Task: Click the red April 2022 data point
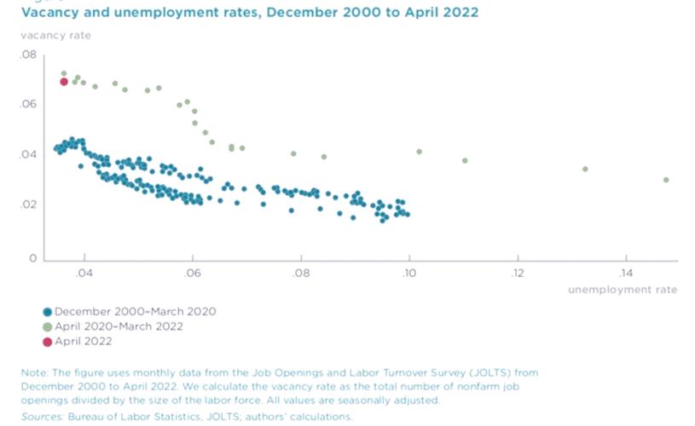tap(64, 82)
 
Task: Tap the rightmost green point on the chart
tap(666, 180)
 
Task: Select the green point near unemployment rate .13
tap(585, 169)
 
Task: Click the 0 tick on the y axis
tap(33, 258)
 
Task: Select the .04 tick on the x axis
tap(84, 274)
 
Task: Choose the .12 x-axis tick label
tap(517, 274)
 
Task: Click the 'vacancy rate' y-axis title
tap(56, 35)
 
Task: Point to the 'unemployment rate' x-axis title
tap(623, 290)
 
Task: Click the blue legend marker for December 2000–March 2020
tap(48, 312)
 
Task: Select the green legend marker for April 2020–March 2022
tap(48, 326)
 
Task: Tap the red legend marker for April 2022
tap(48, 341)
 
